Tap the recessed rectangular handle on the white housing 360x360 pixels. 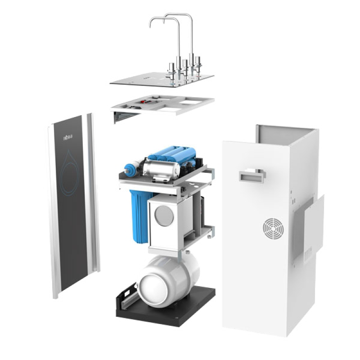(252, 176)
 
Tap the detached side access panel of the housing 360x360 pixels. (310, 234)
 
